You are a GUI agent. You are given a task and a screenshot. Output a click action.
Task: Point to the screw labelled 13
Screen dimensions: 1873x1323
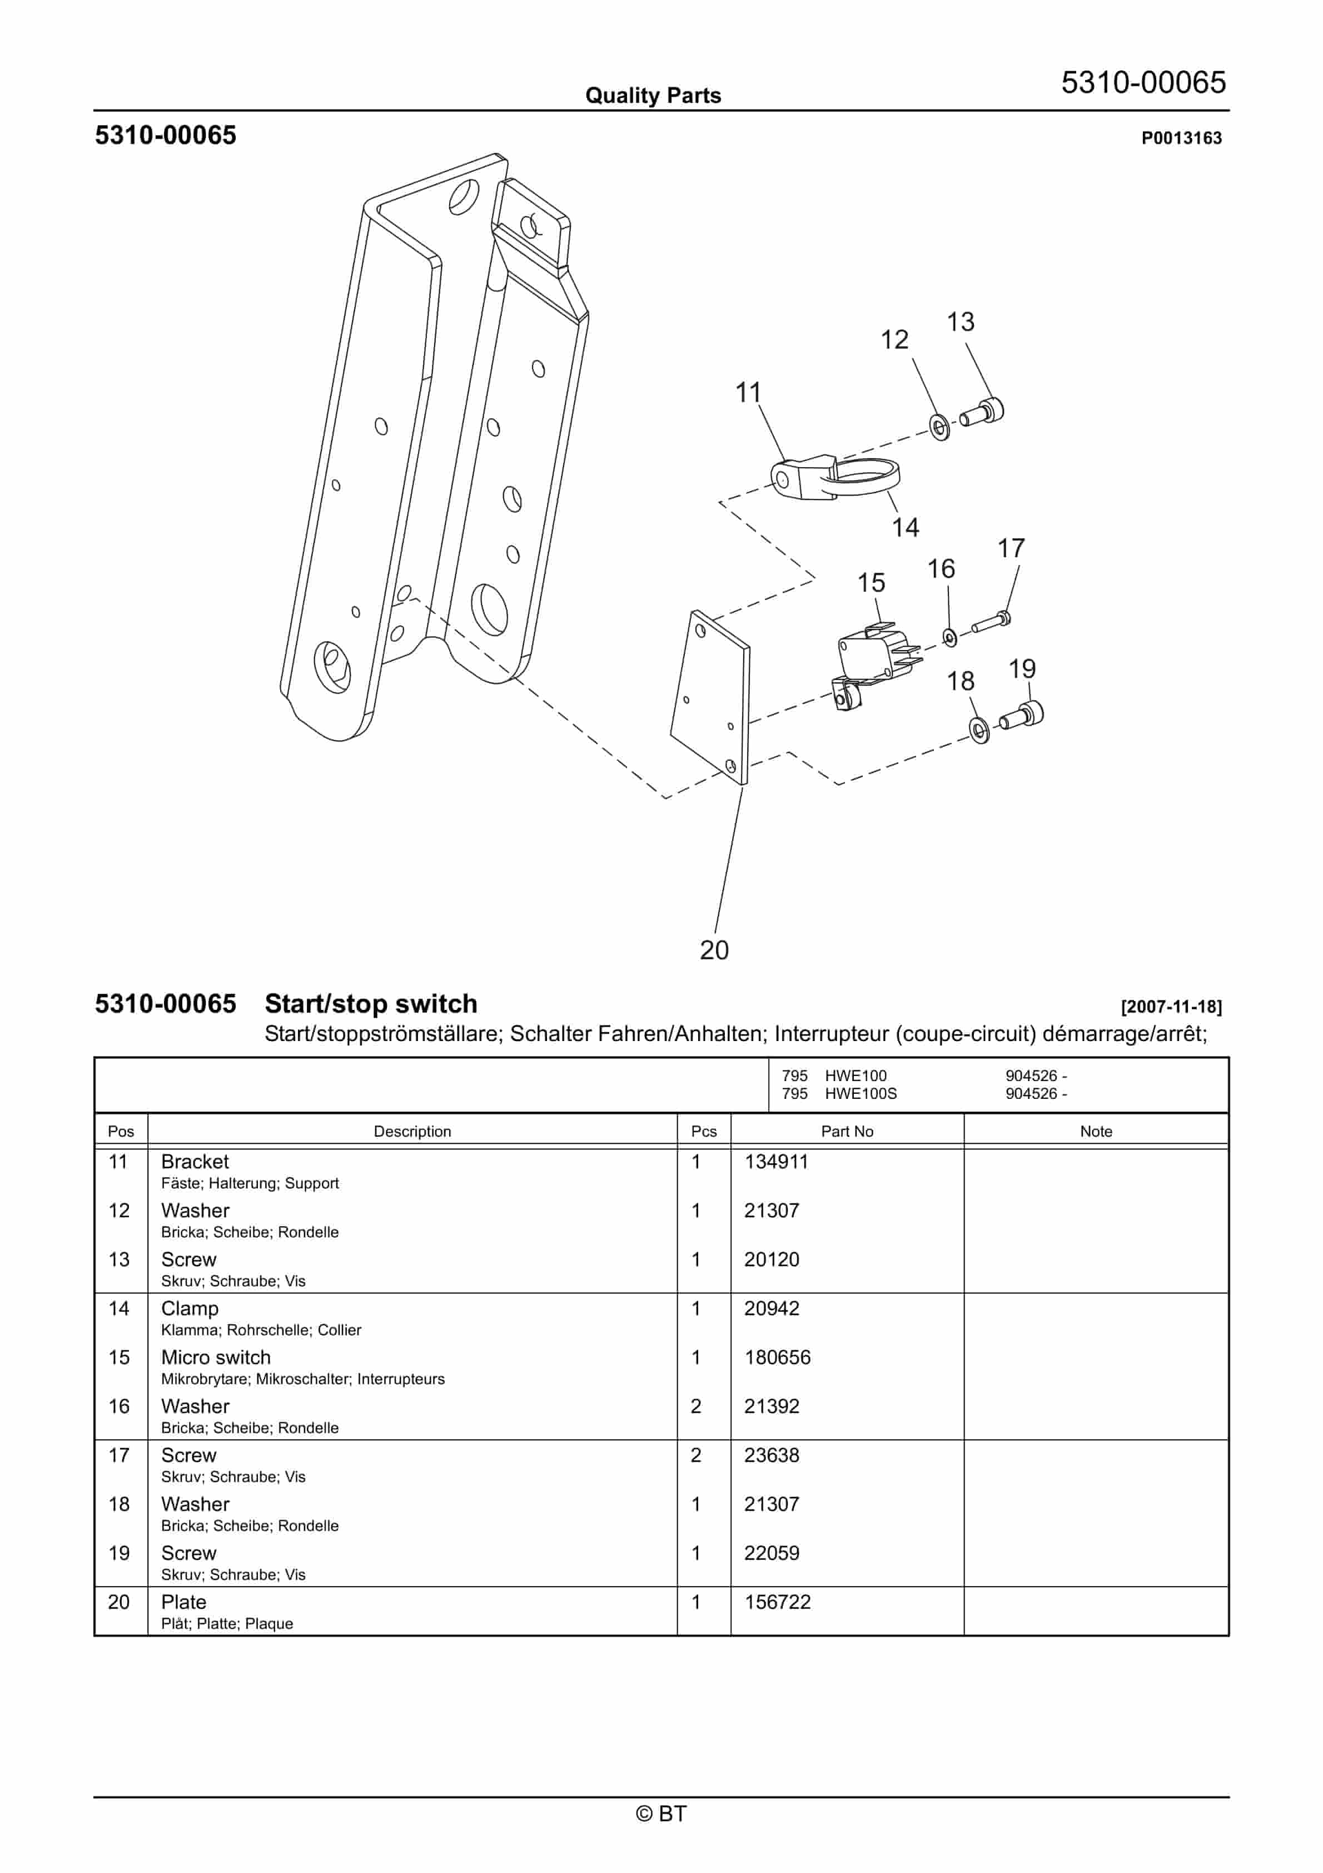coord(982,412)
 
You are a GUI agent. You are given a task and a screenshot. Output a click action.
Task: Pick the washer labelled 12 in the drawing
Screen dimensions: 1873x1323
coord(939,426)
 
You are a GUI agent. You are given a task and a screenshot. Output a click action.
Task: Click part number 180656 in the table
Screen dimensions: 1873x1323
coord(777,1357)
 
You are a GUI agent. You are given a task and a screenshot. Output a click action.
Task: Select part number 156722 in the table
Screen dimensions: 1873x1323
coord(777,1602)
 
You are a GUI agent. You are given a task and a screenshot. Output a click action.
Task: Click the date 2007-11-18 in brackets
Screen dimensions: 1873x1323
coord(1171,1007)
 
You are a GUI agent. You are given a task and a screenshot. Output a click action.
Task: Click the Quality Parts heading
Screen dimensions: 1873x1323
coord(653,96)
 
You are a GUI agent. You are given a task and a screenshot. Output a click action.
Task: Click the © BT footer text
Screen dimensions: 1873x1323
coord(661,1813)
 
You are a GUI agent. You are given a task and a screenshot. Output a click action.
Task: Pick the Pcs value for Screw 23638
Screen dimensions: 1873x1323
coord(696,1455)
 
